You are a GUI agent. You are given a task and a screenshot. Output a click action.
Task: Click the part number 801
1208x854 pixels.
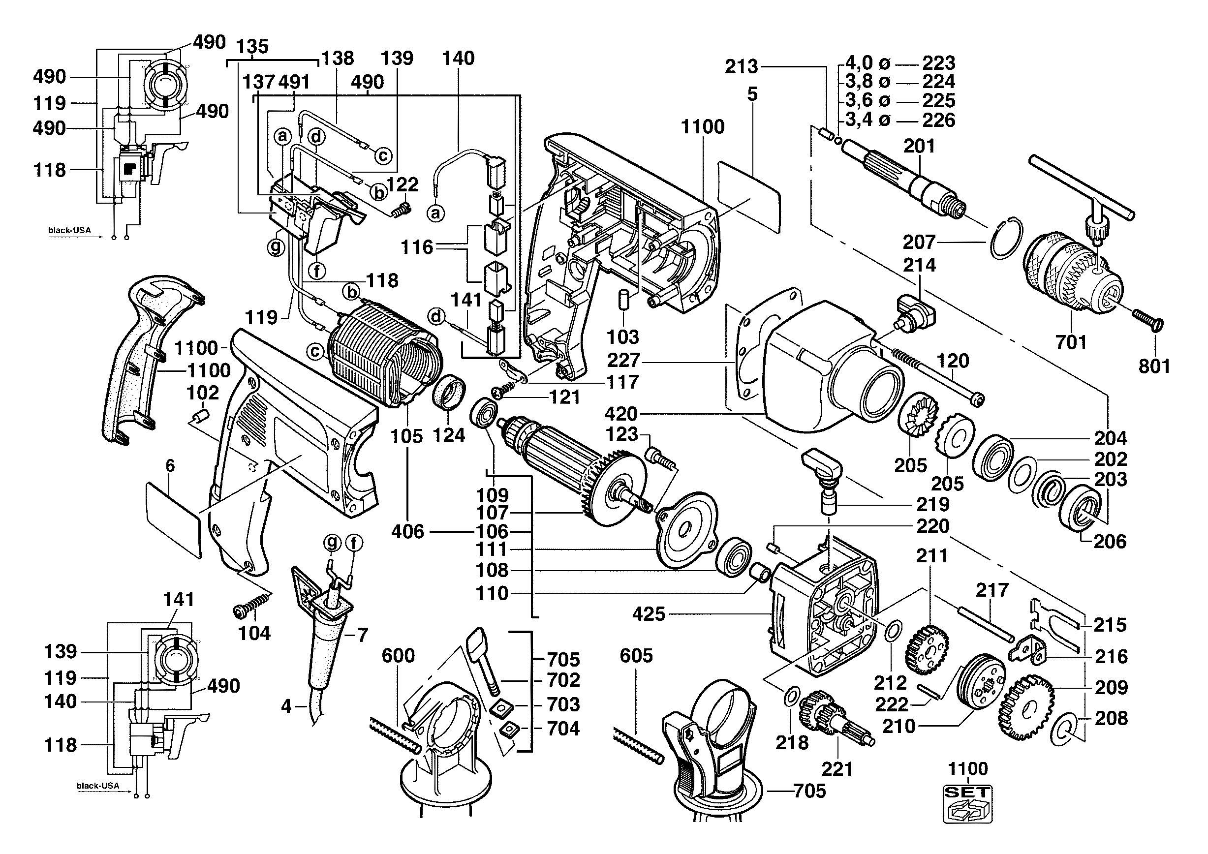click(x=1154, y=366)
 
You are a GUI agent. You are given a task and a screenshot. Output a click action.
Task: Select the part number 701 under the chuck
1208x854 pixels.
click(x=1071, y=342)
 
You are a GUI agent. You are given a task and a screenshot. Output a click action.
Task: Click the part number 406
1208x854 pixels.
click(x=408, y=531)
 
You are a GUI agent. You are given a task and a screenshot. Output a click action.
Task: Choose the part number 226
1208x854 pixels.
click(x=939, y=120)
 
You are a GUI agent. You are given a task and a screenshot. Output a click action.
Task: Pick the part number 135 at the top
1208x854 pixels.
click(x=252, y=46)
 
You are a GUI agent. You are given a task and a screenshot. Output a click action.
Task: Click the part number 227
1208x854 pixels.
click(x=623, y=361)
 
